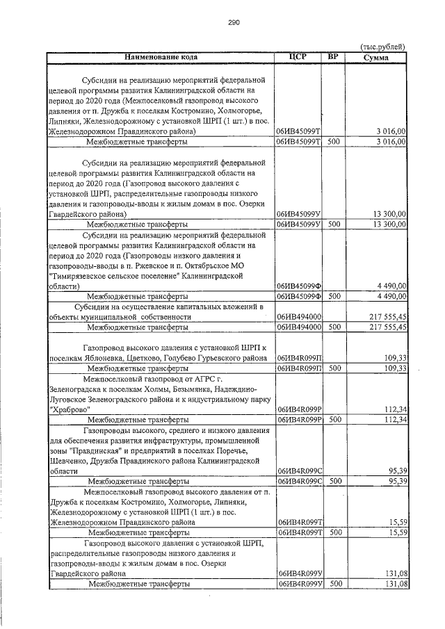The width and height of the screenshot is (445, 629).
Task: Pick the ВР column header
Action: (x=334, y=56)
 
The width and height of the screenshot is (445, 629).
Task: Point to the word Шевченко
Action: (x=70, y=460)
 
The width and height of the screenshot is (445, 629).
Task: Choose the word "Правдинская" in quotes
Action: (x=94, y=450)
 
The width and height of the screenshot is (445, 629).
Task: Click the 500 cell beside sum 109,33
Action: (x=334, y=368)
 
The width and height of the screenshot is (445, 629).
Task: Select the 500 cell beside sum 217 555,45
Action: (x=334, y=326)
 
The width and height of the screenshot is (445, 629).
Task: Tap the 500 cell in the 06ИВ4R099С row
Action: (x=334, y=480)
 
